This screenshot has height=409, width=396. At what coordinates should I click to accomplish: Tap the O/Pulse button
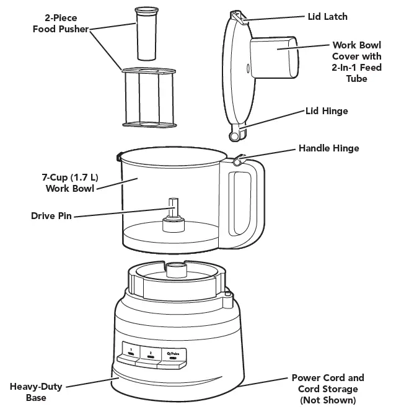pos(172,354)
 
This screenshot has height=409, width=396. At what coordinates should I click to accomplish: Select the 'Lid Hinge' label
pos(327,111)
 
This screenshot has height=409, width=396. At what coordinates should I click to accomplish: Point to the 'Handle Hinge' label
pos(328,148)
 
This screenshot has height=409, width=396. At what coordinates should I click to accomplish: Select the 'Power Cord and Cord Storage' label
pos(328,389)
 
